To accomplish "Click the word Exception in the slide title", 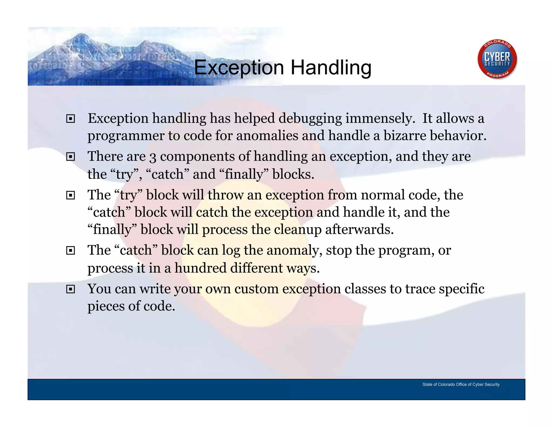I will (x=239, y=67).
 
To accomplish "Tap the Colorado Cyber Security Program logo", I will (x=497, y=59).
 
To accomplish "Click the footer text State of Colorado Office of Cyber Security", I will (x=461, y=384).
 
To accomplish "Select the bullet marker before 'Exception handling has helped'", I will (x=70, y=119).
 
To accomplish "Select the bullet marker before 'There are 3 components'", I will (x=70, y=157).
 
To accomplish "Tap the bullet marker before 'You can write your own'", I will (x=70, y=289).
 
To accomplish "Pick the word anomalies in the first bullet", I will (x=267, y=135).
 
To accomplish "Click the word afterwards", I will (x=359, y=230).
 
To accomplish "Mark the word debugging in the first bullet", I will (x=310, y=119).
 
